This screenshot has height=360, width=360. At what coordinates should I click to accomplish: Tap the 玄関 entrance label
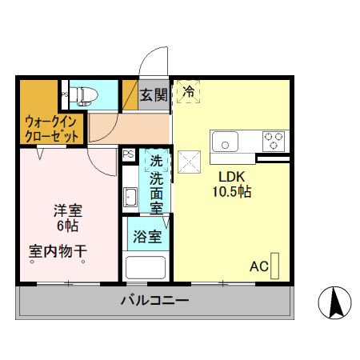click(x=154, y=94)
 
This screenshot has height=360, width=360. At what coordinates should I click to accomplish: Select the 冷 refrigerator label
click(x=189, y=92)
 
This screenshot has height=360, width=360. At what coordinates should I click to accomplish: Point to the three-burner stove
click(x=274, y=140)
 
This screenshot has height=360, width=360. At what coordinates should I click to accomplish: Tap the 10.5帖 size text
click(x=232, y=192)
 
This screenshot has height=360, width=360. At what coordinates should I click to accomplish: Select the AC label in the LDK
click(x=258, y=266)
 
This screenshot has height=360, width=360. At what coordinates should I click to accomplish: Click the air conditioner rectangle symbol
click(x=276, y=264)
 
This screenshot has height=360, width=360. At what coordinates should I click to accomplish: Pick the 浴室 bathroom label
click(x=147, y=237)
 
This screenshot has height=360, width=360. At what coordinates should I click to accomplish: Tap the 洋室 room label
click(x=67, y=211)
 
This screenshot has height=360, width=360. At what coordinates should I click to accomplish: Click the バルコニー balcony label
click(x=154, y=301)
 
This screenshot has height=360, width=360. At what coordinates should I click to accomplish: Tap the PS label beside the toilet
click(x=64, y=95)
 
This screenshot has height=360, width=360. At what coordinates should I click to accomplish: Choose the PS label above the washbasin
click(x=128, y=155)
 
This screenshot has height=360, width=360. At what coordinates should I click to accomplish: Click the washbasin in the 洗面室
click(x=130, y=194)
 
